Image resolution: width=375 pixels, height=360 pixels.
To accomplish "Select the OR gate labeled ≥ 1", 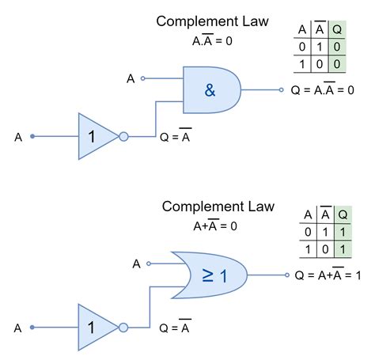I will point(210,276).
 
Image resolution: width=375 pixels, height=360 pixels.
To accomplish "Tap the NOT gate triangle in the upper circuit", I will point(95,137).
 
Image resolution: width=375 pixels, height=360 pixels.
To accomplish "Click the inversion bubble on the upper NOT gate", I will point(123,137).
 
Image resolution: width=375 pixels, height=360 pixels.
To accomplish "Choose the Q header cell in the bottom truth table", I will point(343,214).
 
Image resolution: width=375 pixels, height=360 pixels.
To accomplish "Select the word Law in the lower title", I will point(260,207).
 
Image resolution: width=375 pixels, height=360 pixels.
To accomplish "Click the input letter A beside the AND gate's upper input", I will point(131,78).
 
